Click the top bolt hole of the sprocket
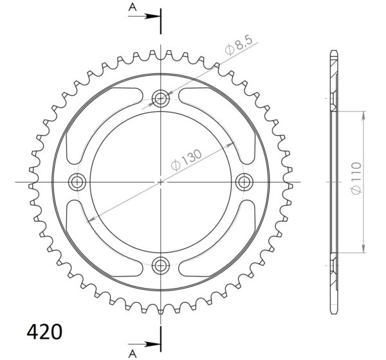tap(161, 98)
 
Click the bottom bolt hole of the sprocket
tap(161, 265)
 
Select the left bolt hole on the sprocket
tap(77, 182)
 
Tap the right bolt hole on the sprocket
tap(244, 182)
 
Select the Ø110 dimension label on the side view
tap(356, 178)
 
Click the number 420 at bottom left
tap(44, 332)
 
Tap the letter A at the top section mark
tap(133, 8)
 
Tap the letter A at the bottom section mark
tap(133, 354)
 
